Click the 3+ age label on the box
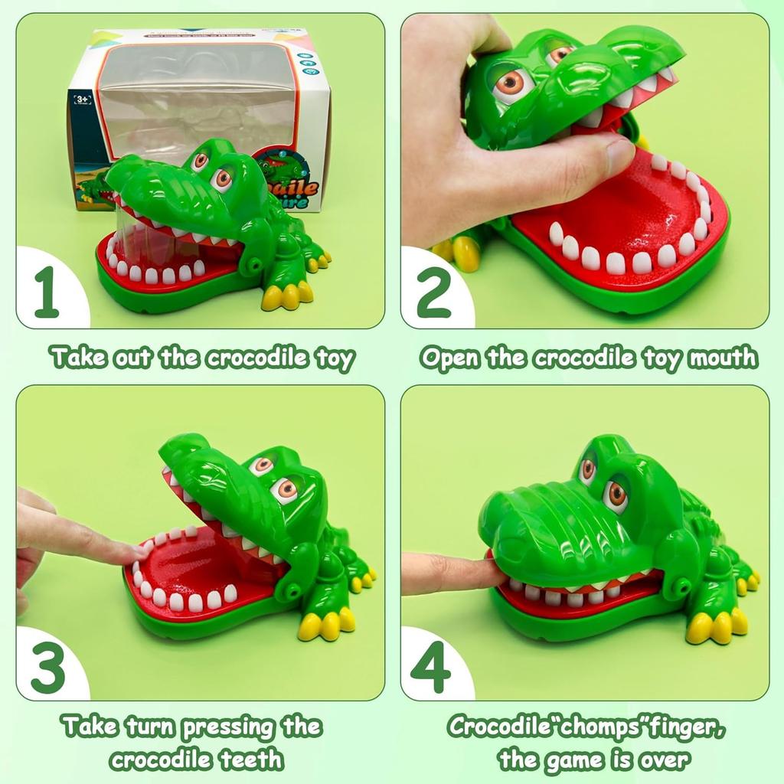[x=80, y=100]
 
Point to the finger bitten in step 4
[x=459, y=573]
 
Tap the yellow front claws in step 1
[x=286, y=296]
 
